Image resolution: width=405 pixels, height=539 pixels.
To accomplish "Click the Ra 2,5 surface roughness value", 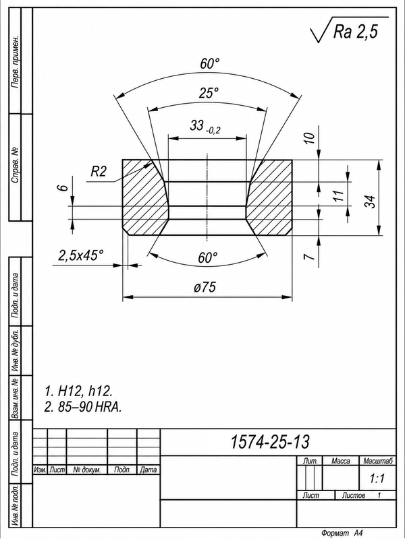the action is point(355,32).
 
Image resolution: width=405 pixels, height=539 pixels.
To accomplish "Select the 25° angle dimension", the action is point(209,93).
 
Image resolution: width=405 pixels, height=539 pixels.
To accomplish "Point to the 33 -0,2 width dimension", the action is point(205,126).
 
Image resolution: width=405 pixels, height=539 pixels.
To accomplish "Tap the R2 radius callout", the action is point(99,171).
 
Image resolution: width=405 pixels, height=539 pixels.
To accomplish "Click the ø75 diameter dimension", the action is point(206,287).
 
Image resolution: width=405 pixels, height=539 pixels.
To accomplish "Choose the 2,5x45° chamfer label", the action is point(81,256).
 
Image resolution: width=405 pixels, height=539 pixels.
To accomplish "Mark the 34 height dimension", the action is point(369,201).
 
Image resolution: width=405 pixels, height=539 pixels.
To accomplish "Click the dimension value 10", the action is point(310,138).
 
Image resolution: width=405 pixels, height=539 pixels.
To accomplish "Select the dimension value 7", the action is point(310,257).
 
